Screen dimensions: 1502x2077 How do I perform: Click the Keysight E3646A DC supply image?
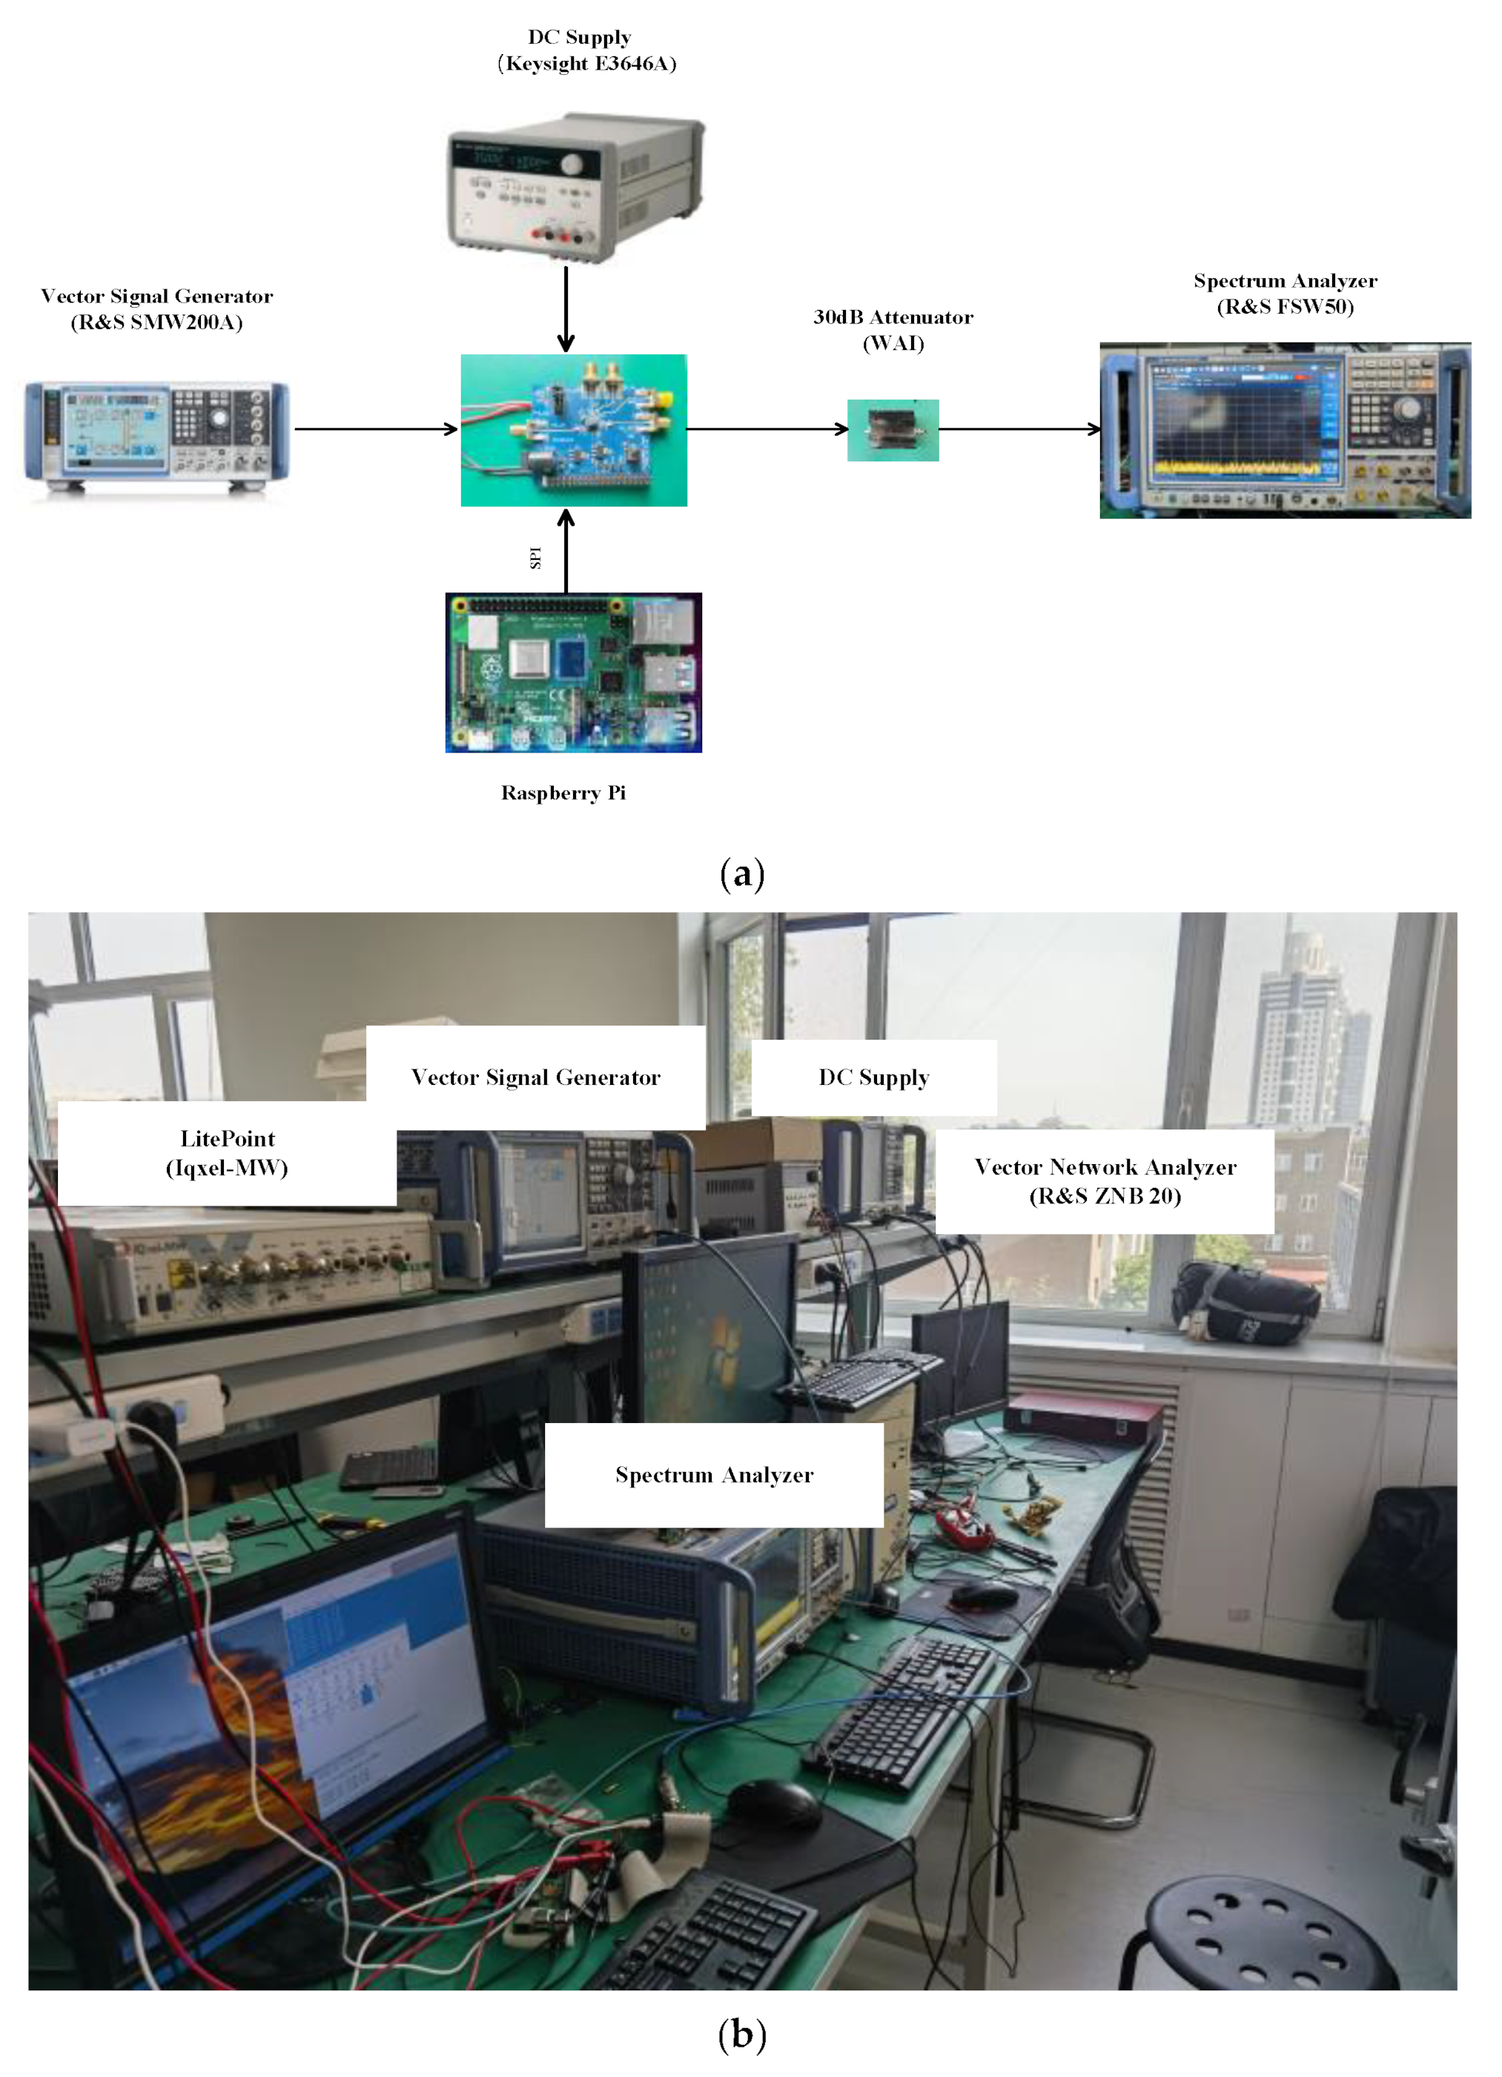click(x=575, y=188)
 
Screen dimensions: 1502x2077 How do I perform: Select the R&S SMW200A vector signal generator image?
click(x=156, y=430)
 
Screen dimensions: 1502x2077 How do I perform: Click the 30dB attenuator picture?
click(x=892, y=429)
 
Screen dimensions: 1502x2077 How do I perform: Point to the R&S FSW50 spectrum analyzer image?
click(x=1284, y=429)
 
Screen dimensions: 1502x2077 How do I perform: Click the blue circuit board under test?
click(x=573, y=429)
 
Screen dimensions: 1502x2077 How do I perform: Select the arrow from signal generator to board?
click(x=375, y=429)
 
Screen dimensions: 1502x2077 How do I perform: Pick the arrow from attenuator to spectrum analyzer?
click(x=1019, y=429)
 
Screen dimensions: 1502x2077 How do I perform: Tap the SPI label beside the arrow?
click(x=536, y=557)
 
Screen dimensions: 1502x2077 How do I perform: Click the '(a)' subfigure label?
click(x=742, y=874)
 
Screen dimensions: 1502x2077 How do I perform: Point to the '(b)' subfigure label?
click(x=742, y=2034)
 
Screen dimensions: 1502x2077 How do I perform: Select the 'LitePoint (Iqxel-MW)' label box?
click(x=227, y=1153)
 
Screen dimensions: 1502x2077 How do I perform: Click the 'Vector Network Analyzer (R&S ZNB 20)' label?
click(x=1105, y=1181)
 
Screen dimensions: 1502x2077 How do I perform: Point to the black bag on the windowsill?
click(x=1245, y=1301)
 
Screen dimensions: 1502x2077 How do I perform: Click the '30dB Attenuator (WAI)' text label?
click(x=893, y=330)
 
